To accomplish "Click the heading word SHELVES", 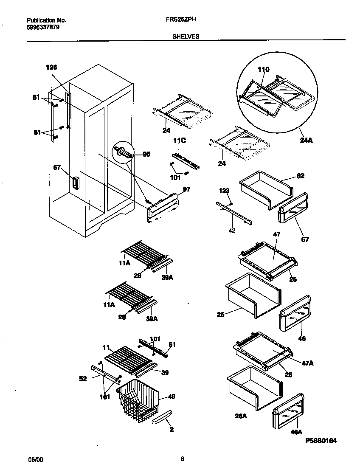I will point(186,37).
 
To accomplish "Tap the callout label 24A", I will point(306,141).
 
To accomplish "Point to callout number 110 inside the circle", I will point(263,69).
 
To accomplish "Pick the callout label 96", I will point(146,155).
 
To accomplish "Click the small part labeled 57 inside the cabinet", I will point(75,183).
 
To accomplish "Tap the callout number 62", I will point(301,176).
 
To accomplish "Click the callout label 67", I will point(305,239).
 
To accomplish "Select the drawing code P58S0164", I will point(321,441).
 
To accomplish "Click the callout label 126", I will point(51,67).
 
